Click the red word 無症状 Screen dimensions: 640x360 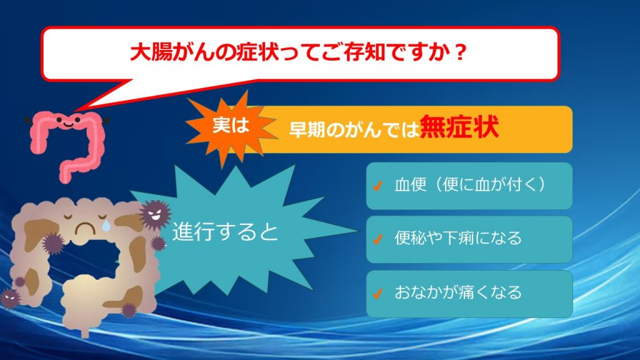tap(459, 127)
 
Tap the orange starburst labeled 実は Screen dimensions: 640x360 tap(230, 126)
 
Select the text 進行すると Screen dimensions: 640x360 tap(225, 231)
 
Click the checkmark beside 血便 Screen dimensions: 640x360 tap(377, 186)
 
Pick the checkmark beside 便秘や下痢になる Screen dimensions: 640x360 tap(377, 239)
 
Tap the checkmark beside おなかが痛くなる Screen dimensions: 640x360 tap(377, 293)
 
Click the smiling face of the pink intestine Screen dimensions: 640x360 tap(67, 121)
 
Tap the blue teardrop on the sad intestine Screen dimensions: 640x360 tap(106, 225)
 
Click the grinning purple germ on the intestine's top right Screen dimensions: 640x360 tap(155, 214)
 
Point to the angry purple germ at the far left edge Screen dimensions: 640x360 tap(10, 298)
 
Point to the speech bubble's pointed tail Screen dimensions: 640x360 tap(76, 110)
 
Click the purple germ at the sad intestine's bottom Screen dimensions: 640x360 tap(129, 310)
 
